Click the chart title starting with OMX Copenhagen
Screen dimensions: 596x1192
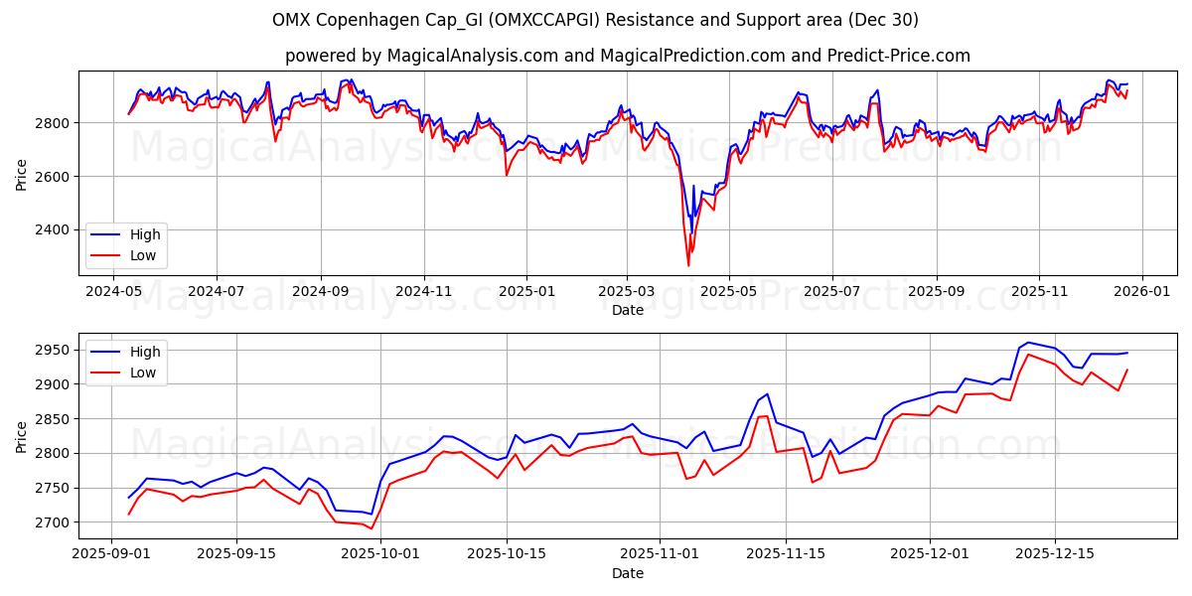click(x=595, y=20)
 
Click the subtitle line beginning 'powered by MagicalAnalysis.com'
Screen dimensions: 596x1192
click(x=627, y=56)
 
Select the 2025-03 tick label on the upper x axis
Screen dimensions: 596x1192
click(x=627, y=291)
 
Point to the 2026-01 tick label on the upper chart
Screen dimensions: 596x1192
click(x=1141, y=291)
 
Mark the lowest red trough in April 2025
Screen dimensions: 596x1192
click(x=688, y=265)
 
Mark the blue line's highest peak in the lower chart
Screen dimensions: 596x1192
click(x=1027, y=343)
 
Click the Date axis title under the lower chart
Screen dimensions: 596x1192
click(x=627, y=573)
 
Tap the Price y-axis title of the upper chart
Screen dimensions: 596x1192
click(x=22, y=173)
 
